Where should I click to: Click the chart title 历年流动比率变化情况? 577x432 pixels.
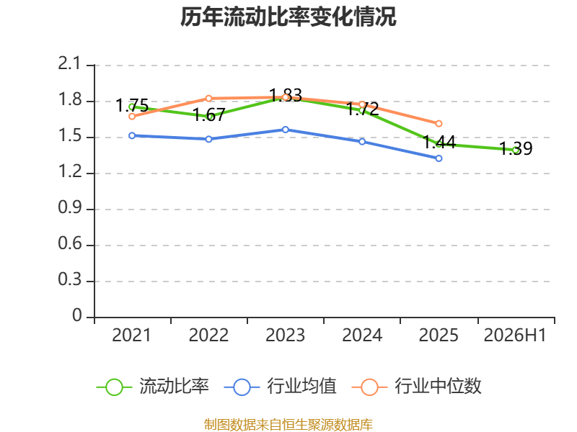point(288,17)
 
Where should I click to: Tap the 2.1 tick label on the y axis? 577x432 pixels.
point(69,63)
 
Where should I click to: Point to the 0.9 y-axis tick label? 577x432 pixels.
point(69,207)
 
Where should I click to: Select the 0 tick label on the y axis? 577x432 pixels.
point(77,315)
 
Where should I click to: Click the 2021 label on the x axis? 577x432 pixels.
point(131,336)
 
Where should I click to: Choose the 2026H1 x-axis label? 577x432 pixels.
point(515,336)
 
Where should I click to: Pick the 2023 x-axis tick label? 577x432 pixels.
point(285,336)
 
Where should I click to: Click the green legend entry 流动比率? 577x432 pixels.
point(152,387)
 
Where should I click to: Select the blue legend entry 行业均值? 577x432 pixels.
point(280,387)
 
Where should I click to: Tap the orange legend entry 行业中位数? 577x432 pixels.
point(416,387)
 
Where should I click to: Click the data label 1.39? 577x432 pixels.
point(516,149)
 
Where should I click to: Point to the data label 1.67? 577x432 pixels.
point(209,115)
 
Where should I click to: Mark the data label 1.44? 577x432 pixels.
point(439,143)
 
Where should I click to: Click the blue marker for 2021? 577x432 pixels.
point(132,135)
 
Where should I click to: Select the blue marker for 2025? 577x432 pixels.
point(439,158)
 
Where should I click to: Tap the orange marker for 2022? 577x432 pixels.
point(208,99)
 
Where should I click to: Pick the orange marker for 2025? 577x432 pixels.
point(439,124)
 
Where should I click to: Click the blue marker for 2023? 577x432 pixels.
point(285,130)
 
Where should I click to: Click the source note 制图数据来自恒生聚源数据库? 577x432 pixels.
point(288,425)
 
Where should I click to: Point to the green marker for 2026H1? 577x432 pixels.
point(516,150)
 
